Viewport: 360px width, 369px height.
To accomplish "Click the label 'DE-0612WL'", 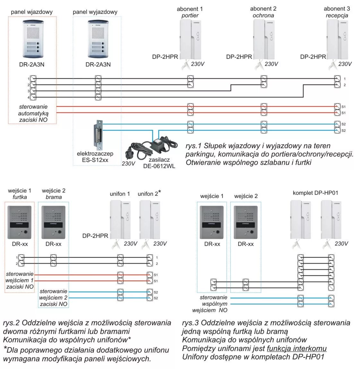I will click(x=159, y=166).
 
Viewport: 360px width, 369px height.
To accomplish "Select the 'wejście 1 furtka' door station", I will click(x=20, y=222).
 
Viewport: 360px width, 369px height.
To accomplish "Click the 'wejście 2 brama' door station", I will click(x=54, y=222).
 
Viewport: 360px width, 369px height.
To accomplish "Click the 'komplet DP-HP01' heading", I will click(x=315, y=193).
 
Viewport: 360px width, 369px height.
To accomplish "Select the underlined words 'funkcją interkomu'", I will click(x=296, y=348).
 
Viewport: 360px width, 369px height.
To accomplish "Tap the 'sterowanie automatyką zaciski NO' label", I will click(x=33, y=113).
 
